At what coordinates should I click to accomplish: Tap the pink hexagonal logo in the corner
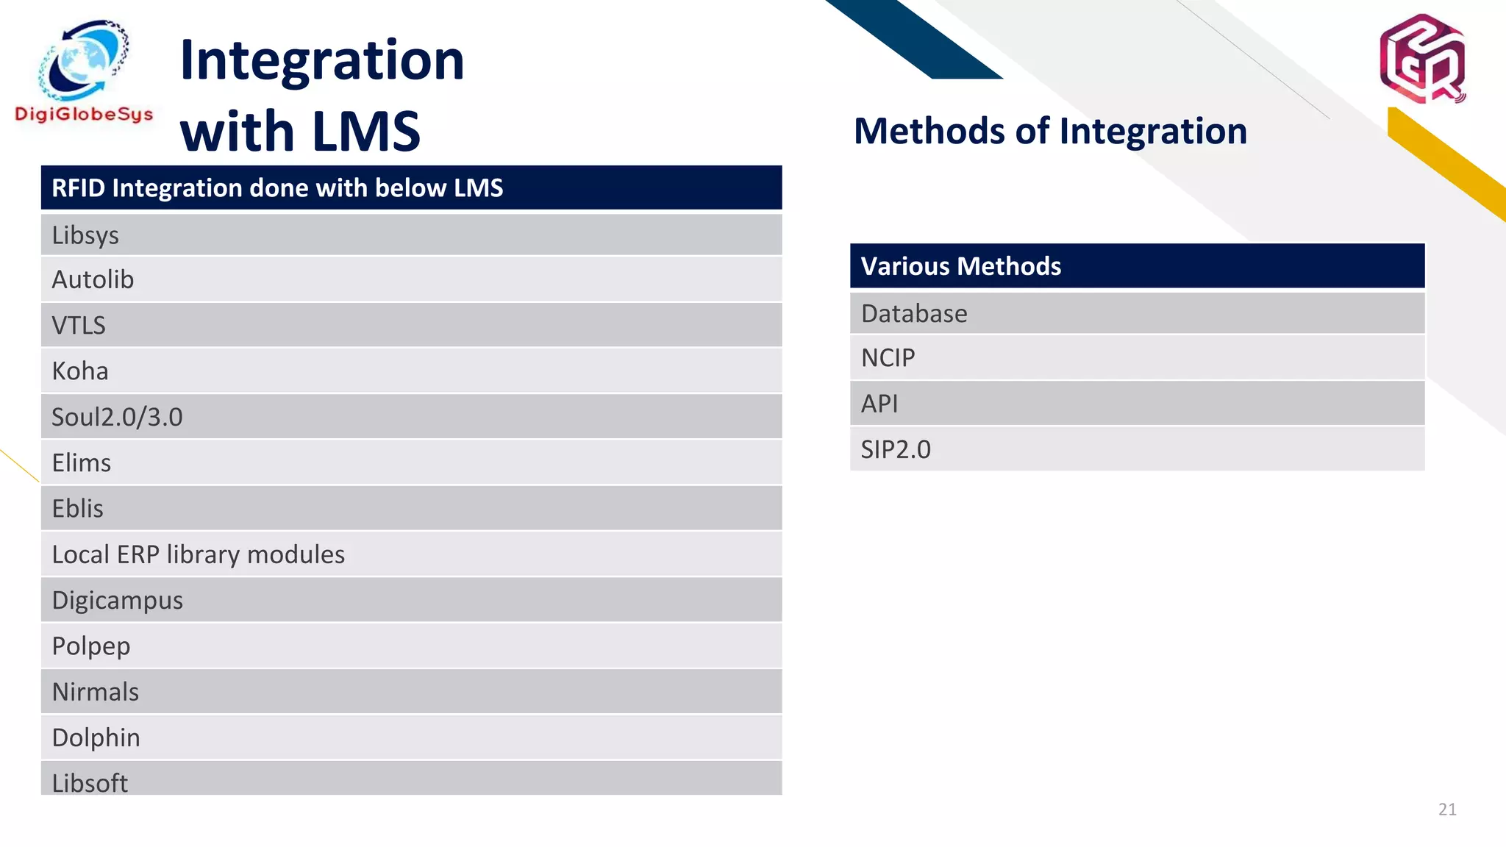click(x=1422, y=58)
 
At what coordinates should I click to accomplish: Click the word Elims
click(x=82, y=463)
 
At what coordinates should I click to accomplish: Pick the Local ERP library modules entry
click(x=198, y=554)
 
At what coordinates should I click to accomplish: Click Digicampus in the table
click(x=117, y=601)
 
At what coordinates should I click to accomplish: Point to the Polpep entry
click(x=90, y=646)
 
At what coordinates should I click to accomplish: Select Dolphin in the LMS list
click(x=96, y=737)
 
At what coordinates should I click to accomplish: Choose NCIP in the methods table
click(x=888, y=358)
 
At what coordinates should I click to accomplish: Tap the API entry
click(x=879, y=404)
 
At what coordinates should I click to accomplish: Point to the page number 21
click(x=1447, y=810)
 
